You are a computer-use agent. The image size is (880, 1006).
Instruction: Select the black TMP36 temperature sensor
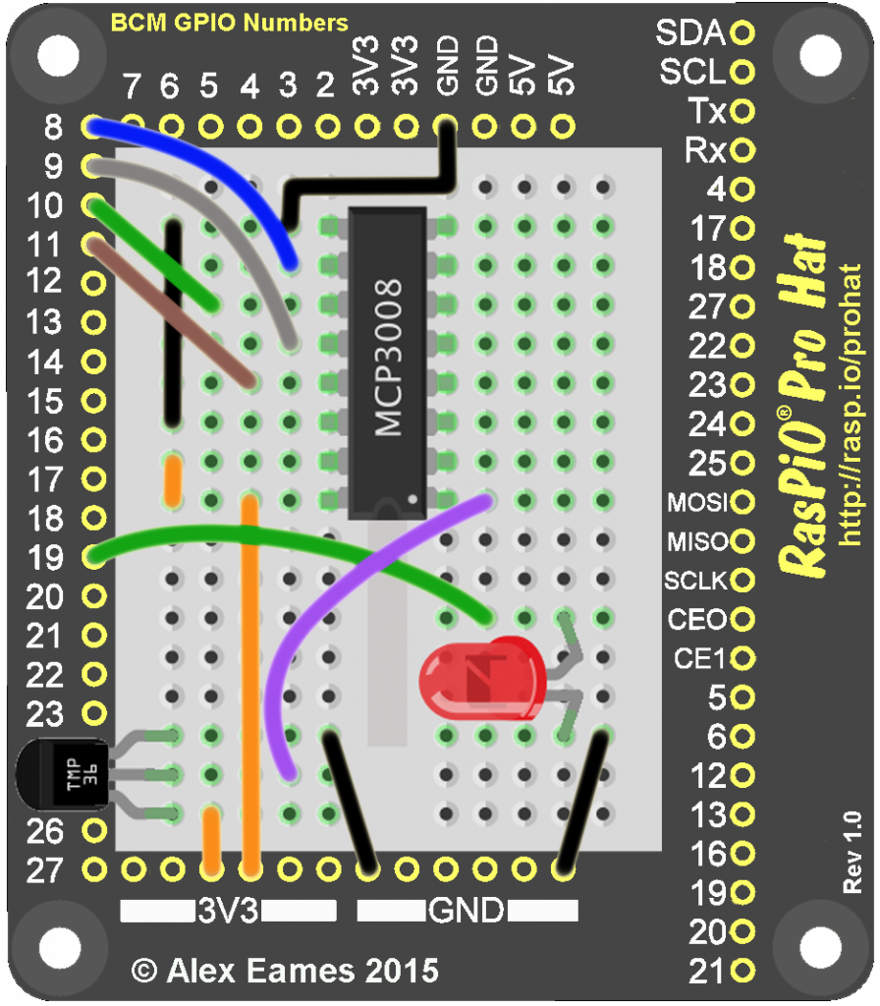[x=65, y=775]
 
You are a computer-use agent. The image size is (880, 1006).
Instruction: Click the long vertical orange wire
[x=250, y=688]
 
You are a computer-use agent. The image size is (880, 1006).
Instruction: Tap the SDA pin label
[x=689, y=33]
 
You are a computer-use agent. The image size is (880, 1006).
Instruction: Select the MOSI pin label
[x=696, y=503]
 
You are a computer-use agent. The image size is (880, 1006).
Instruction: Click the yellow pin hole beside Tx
[x=742, y=111]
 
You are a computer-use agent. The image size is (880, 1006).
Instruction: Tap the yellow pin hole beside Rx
[x=742, y=150]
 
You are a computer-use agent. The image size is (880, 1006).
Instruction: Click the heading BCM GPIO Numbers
[x=230, y=22]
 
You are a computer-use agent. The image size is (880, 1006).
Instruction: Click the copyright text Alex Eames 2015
[x=285, y=972]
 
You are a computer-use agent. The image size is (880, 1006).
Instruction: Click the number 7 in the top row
[x=131, y=87]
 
